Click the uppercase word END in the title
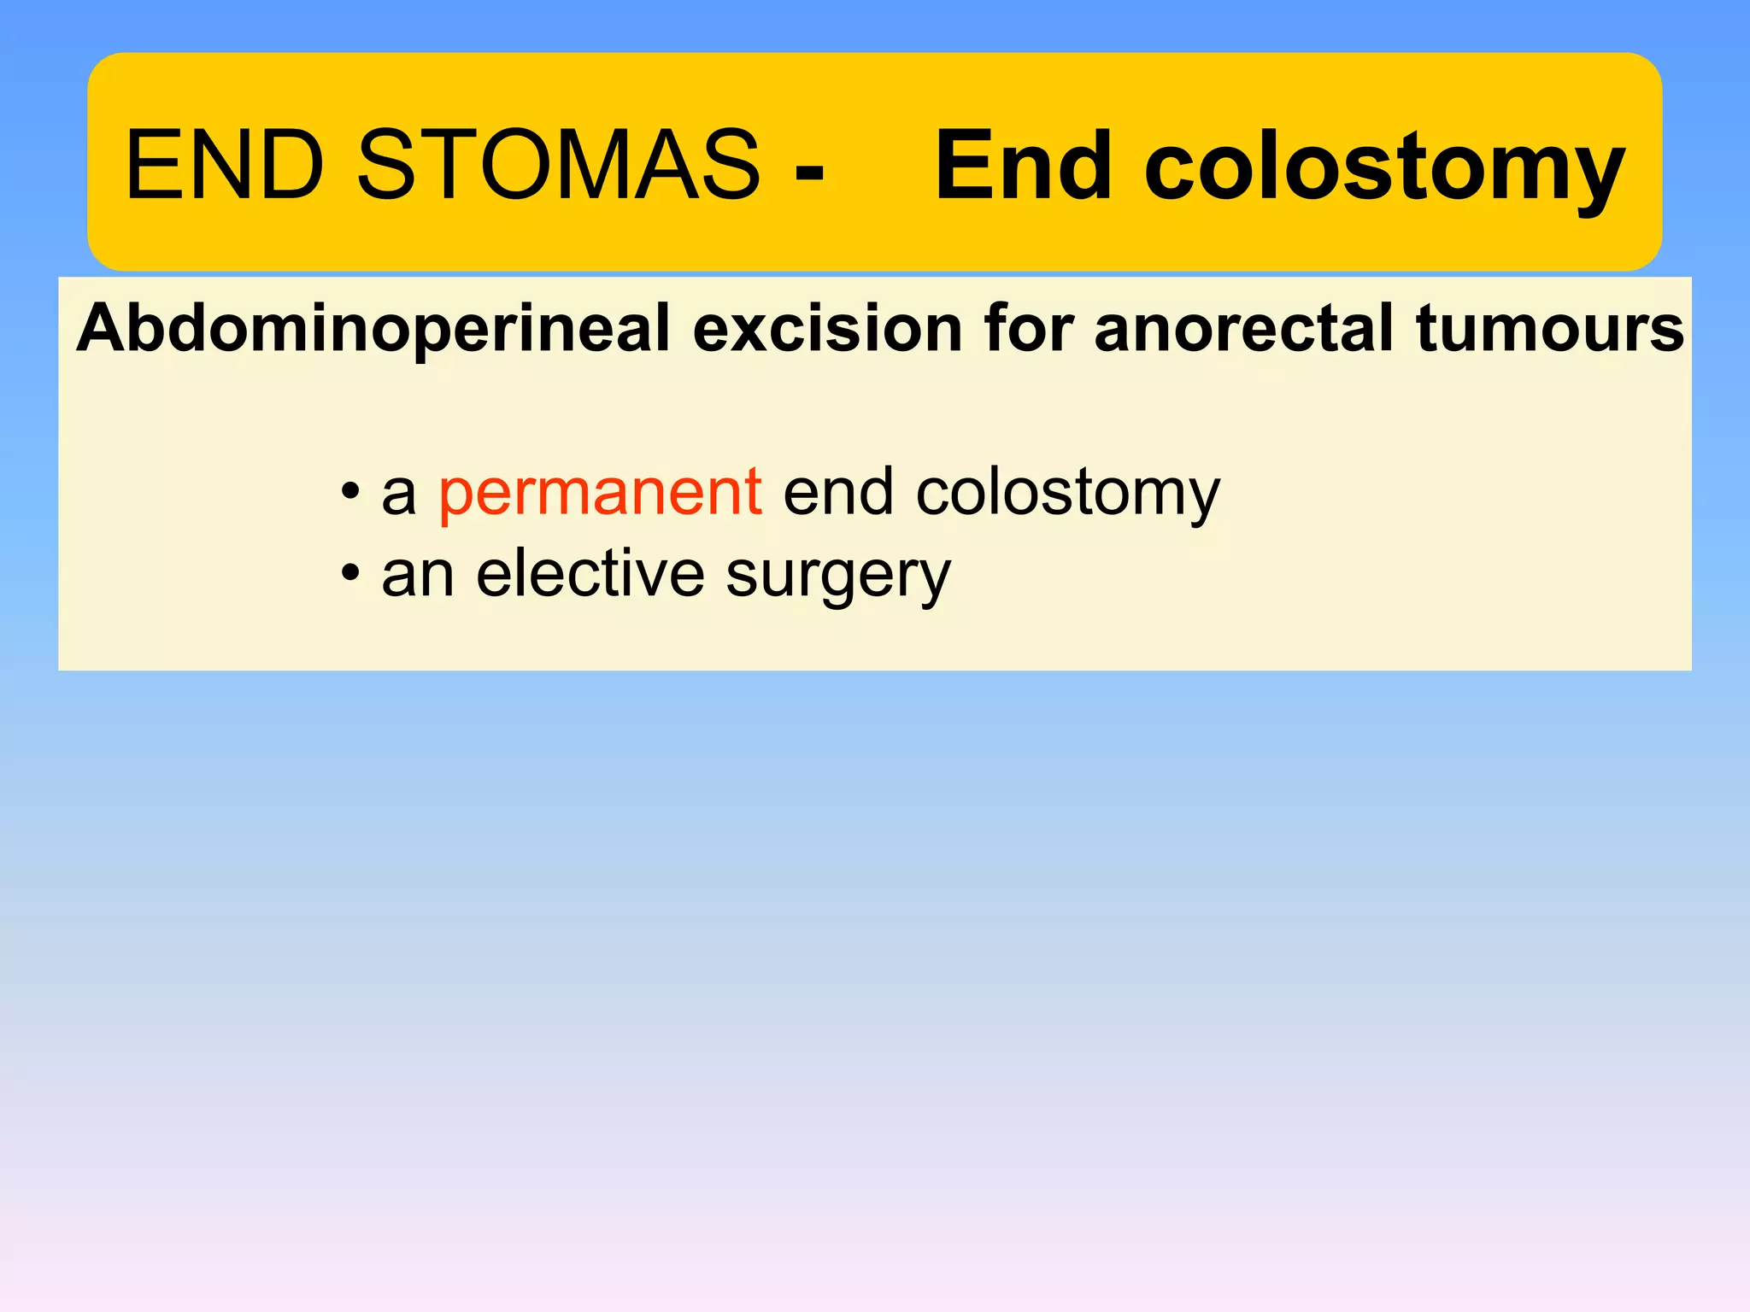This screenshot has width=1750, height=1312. pyautogui.click(x=224, y=165)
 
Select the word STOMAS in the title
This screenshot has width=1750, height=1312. pyautogui.click(x=557, y=165)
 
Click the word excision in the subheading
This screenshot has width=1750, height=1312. pyautogui.click(x=827, y=329)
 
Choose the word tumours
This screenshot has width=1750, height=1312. pyautogui.click(x=1549, y=329)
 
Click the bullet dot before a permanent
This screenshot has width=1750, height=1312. pyautogui.click(x=349, y=494)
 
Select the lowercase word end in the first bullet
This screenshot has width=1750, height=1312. pyautogui.click(x=838, y=493)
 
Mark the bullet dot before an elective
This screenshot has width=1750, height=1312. pyautogui.click(x=349, y=575)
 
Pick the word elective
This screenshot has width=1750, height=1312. pyautogui.click(x=590, y=574)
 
